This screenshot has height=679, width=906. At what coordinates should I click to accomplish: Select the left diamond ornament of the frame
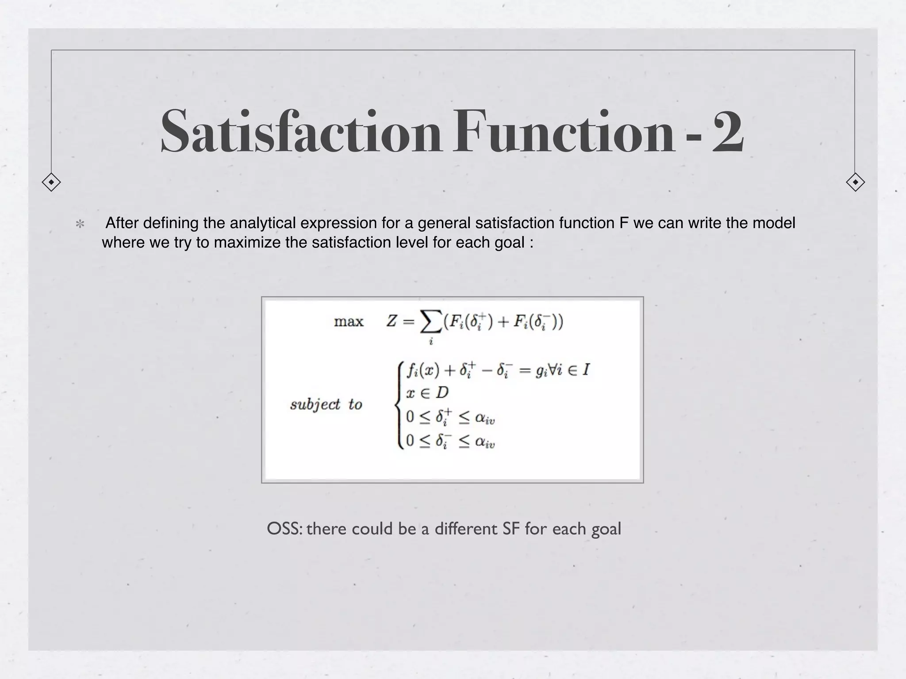click(x=51, y=182)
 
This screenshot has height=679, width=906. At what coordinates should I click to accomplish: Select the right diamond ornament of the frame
click(x=855, y=182)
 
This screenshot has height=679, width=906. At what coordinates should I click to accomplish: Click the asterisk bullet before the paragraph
click(x=80, y=224)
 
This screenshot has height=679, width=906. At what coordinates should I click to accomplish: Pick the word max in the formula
click(x=349, y=321)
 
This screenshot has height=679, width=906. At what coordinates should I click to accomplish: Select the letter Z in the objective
click(x=392, y=321)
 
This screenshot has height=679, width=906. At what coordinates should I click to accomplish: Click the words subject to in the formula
click(x=326, y=404)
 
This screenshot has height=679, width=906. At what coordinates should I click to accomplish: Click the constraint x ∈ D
click(x=427, y=393)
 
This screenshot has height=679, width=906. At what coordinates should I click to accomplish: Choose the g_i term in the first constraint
click(x=541, y=370)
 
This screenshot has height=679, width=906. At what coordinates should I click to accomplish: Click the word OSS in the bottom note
click(x=284, y=529)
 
